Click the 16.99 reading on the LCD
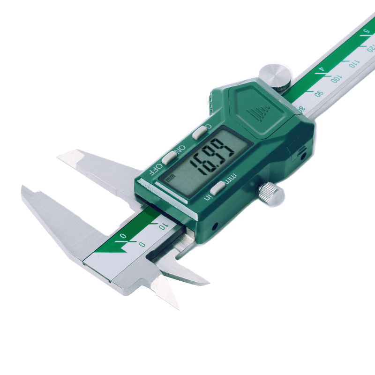tap(215, 157)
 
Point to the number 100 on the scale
tap(336, 78)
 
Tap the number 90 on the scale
tap(319, 93)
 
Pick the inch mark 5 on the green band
tap(366, 31)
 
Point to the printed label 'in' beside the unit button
tap(207, 197)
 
